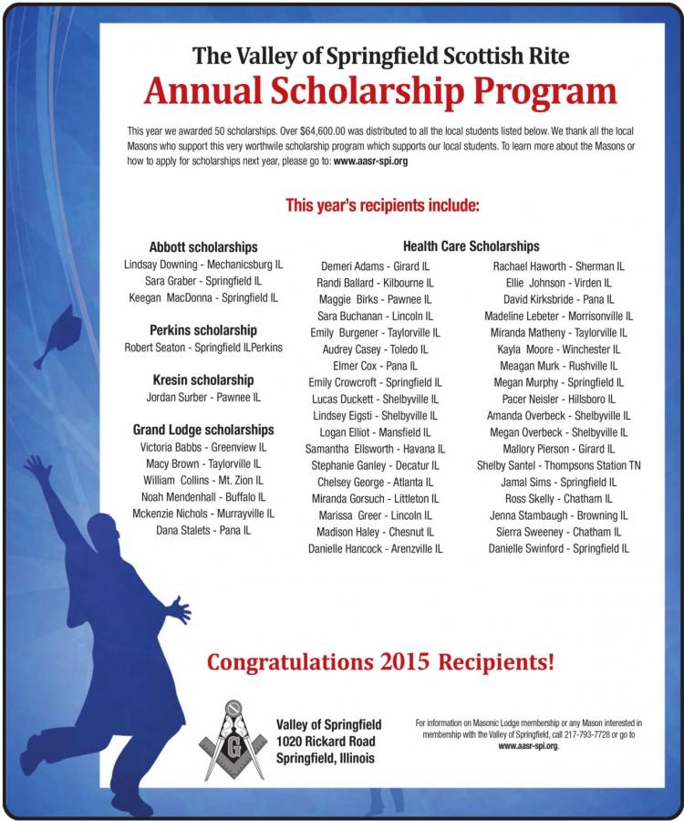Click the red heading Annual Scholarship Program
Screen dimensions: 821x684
tap(379, 91)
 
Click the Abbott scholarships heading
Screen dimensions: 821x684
tap(202, 247)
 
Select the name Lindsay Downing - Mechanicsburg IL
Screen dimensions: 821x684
tap(202, 265)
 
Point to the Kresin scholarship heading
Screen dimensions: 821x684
tap(202, 379)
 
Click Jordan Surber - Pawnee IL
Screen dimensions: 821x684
tap(202, 397)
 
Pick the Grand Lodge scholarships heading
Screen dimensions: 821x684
tap(202, 430)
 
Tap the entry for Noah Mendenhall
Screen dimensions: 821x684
tap(202, 497)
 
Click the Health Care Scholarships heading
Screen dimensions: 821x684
tap(471, 246)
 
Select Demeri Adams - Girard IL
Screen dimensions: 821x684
tap(374, 265)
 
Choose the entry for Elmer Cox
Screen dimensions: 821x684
tap(374, 365)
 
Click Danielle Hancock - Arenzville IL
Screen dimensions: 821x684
tap(374, 548)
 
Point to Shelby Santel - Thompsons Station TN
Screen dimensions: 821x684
tap(558, 465)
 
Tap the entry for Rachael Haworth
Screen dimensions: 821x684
tap(558, 265)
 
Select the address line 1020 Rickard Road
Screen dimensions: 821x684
tap(325, 742)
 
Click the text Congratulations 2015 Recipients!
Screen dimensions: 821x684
tap(380, 660)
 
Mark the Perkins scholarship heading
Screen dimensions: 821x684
tap(202, 330)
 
